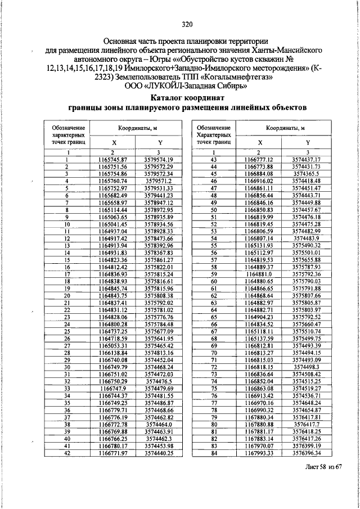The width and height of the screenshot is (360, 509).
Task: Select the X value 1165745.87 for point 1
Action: [112, 160]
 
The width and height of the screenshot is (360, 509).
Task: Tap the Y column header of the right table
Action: [306, 143]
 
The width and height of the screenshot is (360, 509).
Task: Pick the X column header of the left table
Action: [112, 143]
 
